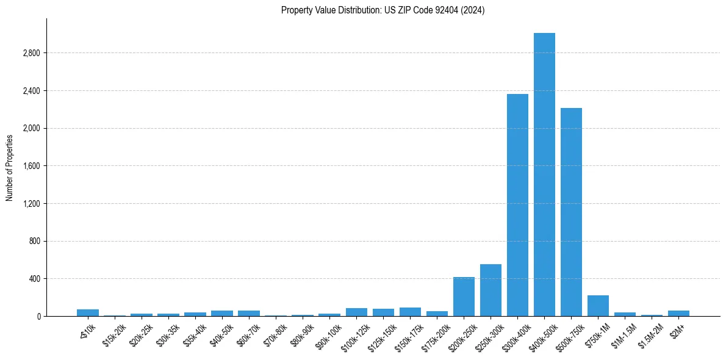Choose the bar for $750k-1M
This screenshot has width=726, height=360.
598,306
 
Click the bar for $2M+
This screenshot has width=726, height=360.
678,313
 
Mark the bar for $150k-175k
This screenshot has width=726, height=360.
410,312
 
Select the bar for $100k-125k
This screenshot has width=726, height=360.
356,312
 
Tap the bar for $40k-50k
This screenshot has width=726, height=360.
222,313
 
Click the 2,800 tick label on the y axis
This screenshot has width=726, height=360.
31,53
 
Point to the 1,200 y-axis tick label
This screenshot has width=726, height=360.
31,204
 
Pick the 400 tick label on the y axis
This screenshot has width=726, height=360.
34,279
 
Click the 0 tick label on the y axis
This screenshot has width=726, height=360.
38,317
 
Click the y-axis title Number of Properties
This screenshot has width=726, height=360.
10,168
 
